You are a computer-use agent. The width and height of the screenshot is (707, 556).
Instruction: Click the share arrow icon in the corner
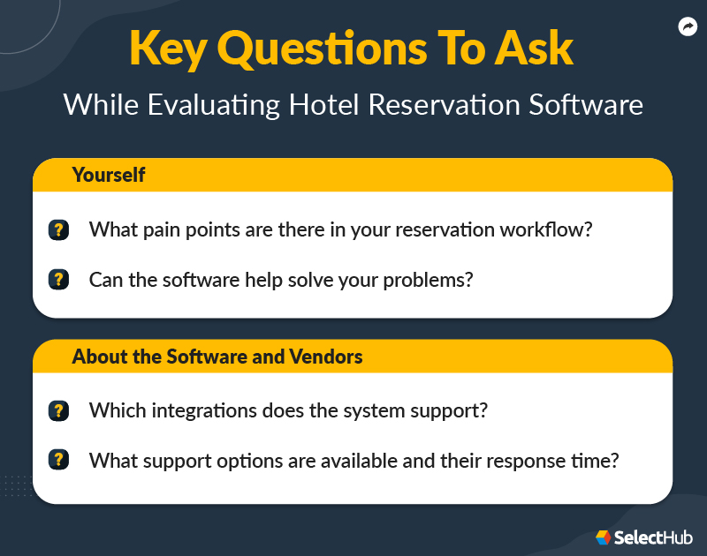[687, 27]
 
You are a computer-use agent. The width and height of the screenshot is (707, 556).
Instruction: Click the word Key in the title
[167, 49]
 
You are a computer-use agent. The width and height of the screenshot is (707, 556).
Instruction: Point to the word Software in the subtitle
[587, 104]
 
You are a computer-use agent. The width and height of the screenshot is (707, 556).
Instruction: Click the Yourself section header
[109, 175]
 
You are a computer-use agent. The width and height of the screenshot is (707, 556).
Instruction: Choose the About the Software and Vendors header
[217, 357]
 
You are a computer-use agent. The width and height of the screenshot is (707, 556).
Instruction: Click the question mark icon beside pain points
[58, 230]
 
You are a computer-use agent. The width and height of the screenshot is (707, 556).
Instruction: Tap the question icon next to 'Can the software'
[58, 280]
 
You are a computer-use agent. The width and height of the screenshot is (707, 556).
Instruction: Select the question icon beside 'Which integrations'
[58, 410]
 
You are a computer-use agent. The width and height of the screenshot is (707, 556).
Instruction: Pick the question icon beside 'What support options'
[58, 460]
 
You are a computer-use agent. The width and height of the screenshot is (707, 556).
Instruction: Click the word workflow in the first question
[547, 230]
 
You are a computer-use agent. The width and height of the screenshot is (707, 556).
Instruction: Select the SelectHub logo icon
[603, 537]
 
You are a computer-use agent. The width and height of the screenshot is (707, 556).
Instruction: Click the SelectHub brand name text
[654, 537]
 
